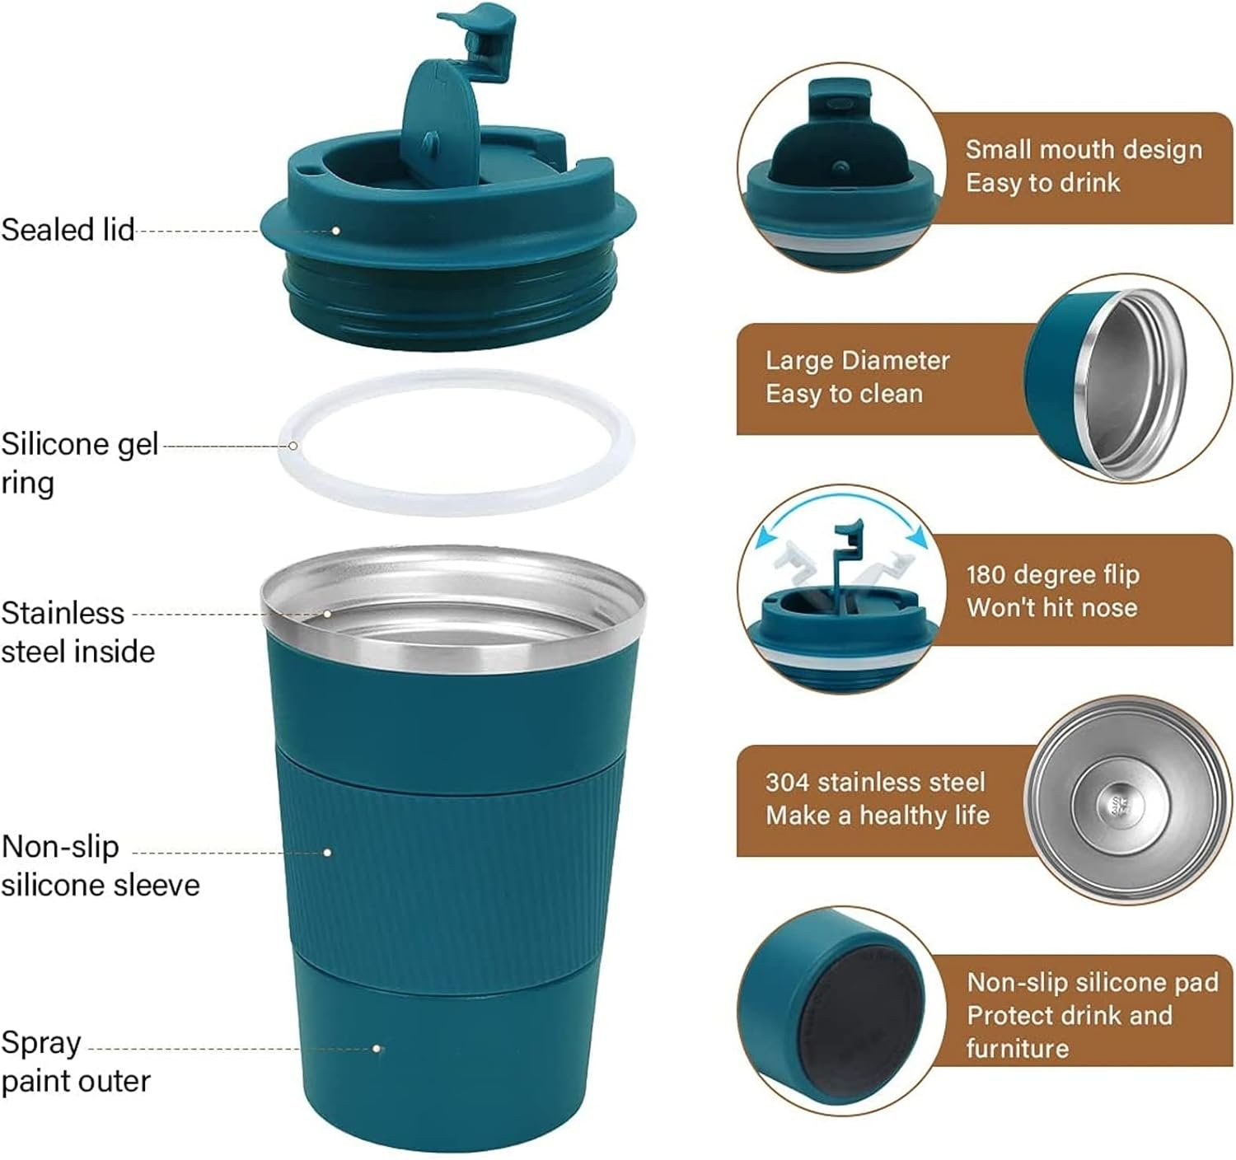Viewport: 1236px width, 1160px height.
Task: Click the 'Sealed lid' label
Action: (x=68, y=230)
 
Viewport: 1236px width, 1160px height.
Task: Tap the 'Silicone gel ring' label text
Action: (x=80, y=464)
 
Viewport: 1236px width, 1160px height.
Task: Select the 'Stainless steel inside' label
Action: (x=77, y=632)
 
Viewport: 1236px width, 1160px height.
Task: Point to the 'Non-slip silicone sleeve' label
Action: (x=101, y=866)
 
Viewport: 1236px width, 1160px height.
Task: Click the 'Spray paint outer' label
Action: (x=76, y=1062)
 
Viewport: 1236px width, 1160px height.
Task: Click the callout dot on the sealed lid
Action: (x=335, y=231)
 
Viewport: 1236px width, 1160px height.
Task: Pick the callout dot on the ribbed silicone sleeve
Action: (x=327, y=853)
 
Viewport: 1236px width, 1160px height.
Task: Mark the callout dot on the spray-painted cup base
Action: (x=376, y=1049)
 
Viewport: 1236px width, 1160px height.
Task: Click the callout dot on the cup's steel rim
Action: (x=327, y=615)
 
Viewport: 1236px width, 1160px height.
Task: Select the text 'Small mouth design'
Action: (x=1084, y=150)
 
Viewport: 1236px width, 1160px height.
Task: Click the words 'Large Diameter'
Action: (x=858, y=360)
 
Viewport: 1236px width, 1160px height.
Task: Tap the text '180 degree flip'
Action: (x=1053, y=574)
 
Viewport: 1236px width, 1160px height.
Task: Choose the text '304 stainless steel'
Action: (x=876, y=782)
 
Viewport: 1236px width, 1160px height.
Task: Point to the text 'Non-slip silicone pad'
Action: (x=1093, y=982)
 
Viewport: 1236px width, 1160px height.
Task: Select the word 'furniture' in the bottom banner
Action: (x=1018, y=1049)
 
